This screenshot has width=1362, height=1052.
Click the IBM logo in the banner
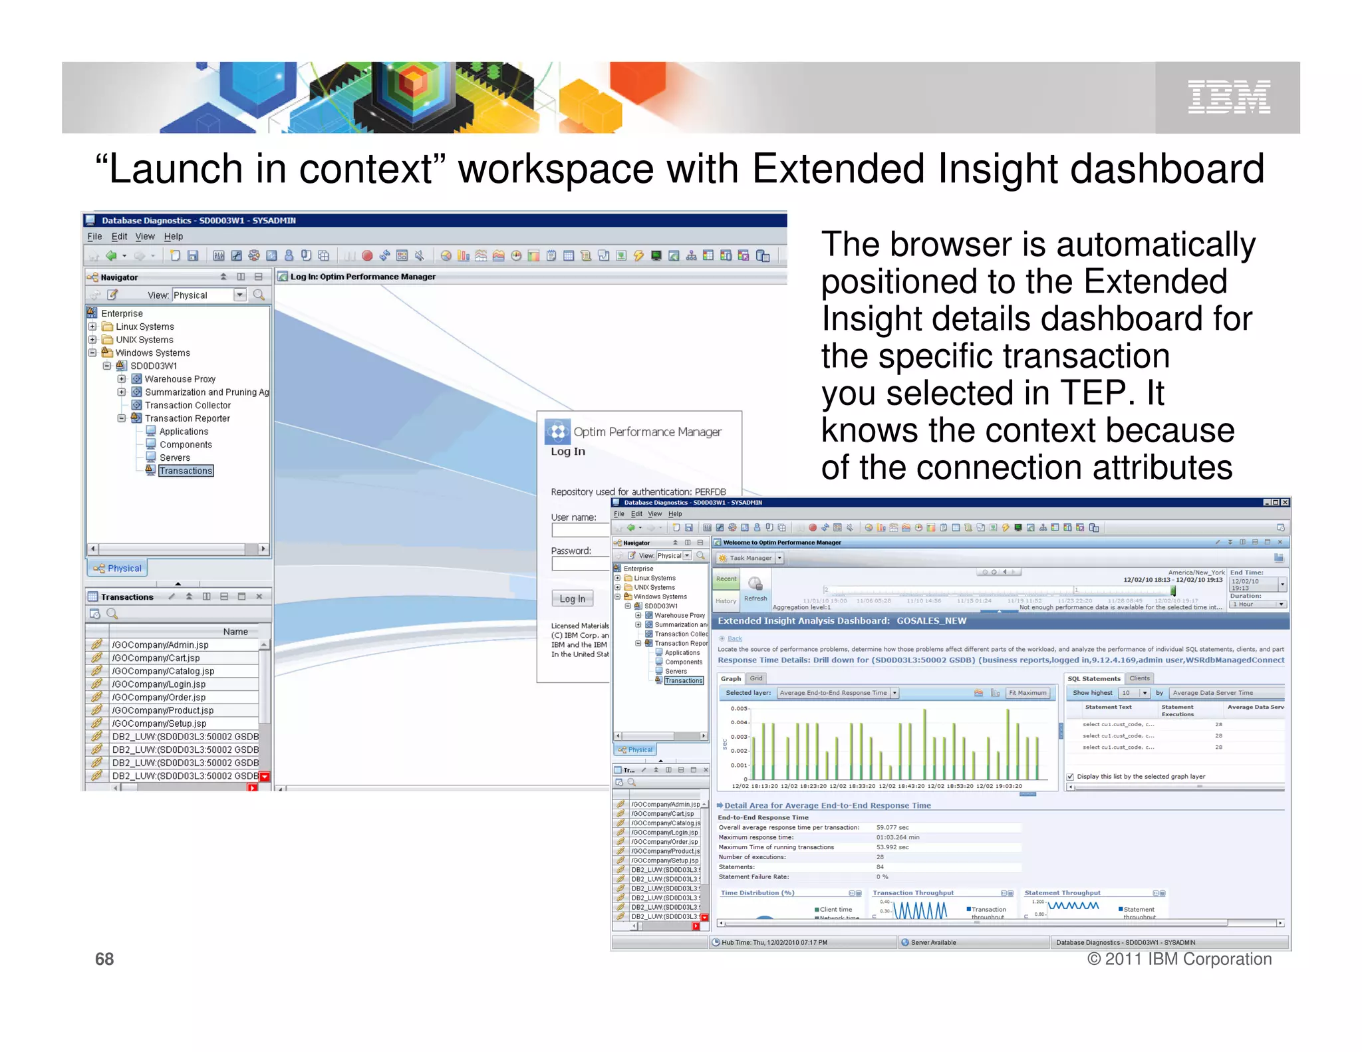(1228, 97)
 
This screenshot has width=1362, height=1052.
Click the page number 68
(104, 959)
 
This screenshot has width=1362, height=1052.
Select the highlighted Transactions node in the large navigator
(186, 471)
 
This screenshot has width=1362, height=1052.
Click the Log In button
(572, 598)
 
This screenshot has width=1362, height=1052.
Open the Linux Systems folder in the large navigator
(144, 327)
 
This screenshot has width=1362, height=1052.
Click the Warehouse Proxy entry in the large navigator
(180, 379)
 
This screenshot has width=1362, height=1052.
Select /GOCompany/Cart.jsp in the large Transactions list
(156, 658)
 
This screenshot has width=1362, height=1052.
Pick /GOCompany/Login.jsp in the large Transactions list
(158, 684)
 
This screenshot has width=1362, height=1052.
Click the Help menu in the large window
(173, 237)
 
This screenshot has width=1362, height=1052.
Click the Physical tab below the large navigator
(118, 568)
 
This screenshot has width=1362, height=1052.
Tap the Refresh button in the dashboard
(755, 589)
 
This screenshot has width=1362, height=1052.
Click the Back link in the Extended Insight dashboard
(734, 638)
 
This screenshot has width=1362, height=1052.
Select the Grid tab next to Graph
(756, 678)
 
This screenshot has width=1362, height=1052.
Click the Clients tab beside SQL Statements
(1139, 678)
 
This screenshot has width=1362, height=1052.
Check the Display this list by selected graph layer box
(1070, 777)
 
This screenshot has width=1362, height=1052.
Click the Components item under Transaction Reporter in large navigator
(186, 445)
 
